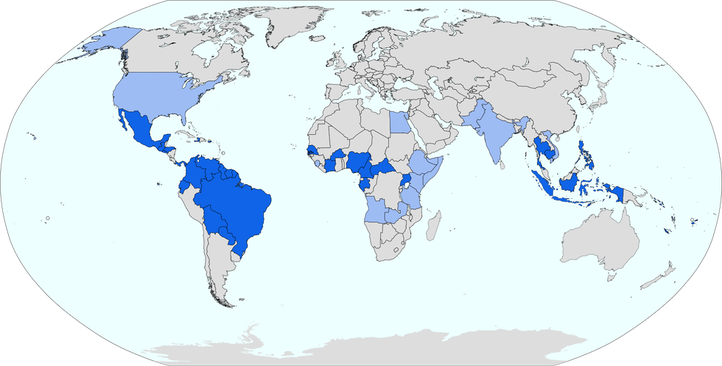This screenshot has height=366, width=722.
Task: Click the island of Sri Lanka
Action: click(501, 166)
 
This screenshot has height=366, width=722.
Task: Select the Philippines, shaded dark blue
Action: click(586, 158)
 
